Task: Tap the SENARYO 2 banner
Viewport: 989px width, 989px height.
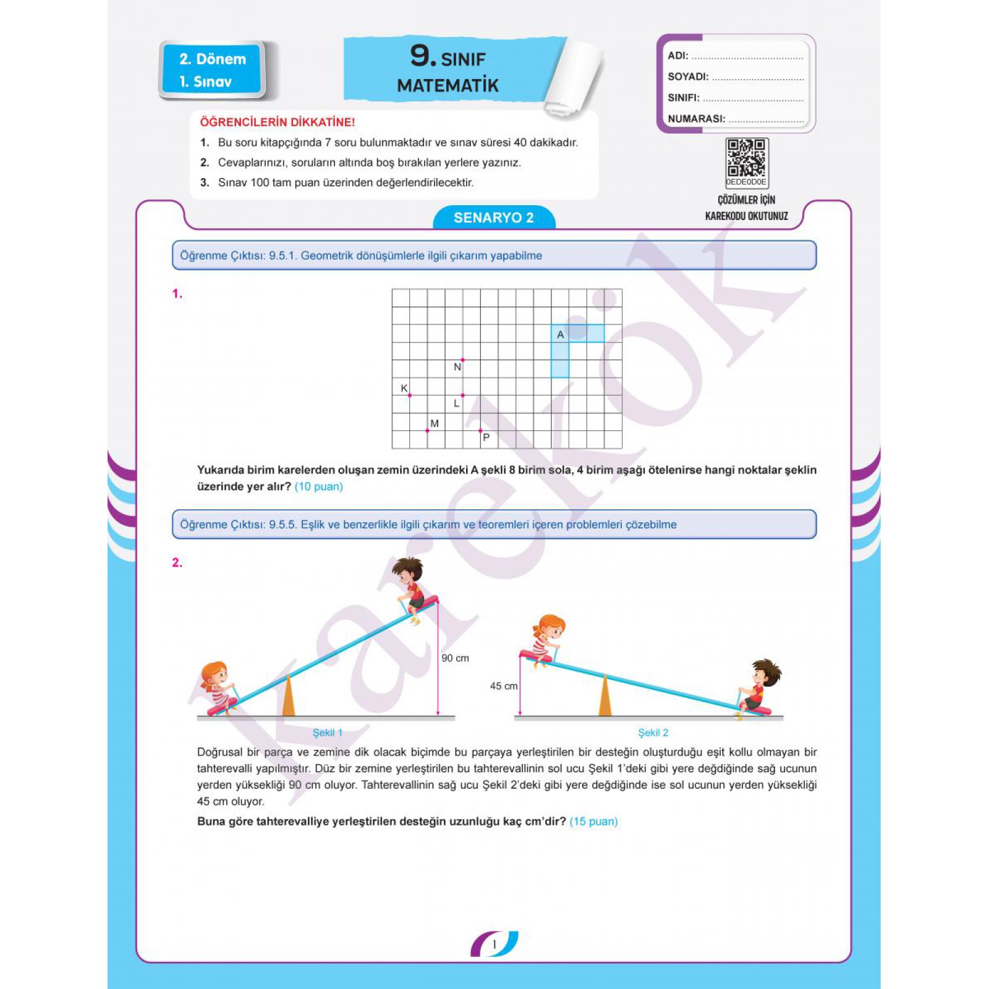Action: click(x=494, y=218)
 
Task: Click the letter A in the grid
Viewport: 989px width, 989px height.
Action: click(x=561, y=334)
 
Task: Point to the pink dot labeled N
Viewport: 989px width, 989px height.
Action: click(x=462, y=360)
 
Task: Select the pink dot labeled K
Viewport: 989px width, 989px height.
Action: click(x=409, y=395)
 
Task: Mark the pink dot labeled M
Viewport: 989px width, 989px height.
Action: click(x=427, y=430)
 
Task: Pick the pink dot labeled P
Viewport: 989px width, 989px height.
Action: click(x=480, y=430)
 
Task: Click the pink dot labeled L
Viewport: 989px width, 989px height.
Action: click(x=462, y=395)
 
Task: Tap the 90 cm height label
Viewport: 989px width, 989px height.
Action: click(x=455, y=658)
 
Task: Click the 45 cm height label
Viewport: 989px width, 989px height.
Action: click(x=504, y=686)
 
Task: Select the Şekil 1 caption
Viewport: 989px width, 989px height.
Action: click(x=328, y=732)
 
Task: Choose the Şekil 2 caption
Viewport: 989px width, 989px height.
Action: click(x=653, y=732)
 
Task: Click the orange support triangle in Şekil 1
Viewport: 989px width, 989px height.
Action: click(x=288, y=697)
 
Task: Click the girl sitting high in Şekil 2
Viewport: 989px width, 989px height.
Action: click(x=545, y=640)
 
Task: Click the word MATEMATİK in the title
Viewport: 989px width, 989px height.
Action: click(x=448, y=85)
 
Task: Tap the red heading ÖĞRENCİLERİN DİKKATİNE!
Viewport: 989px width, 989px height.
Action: click(x=277, y=122)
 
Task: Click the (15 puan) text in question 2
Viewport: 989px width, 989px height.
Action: click(x=593, y=821)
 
